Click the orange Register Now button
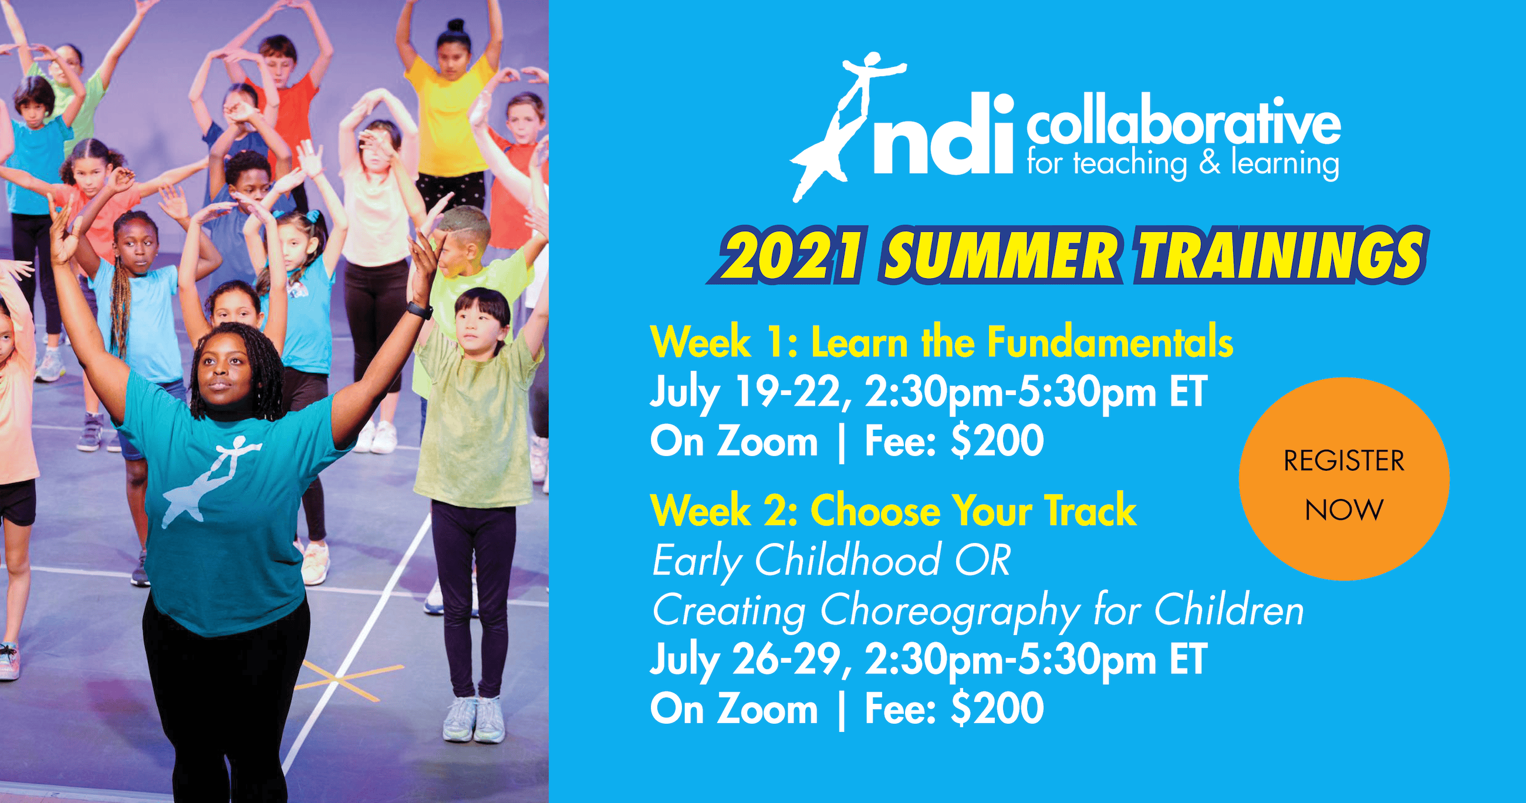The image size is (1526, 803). click(x=1343, y=479)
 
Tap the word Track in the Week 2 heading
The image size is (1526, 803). click(x=1090, y=510)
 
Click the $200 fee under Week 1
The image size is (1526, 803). click(x=997, y=441)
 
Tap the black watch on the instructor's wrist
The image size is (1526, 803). click(x=420, y=310)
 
